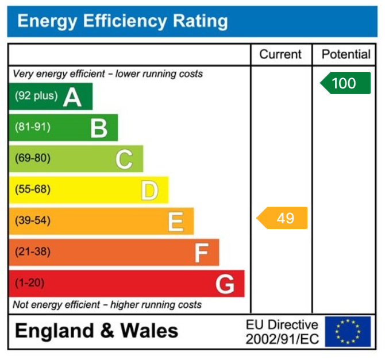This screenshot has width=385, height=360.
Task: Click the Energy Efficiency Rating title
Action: pyautogui.click(x=122, y=22)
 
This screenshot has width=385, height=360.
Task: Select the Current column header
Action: pyautogui.click(x=280, y=55)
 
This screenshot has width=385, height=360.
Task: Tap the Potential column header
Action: pyautogui.click(x=345, y=55)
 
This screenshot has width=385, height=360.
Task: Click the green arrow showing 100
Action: pyautogui.click(x=345, y=83)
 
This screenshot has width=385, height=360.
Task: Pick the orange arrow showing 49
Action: pyautogui.click(x=282, y=218)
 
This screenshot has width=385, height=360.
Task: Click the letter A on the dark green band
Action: pyautogui.click(x=72, y=97)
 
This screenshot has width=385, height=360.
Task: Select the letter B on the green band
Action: pyautogui.click(x=99, y=128)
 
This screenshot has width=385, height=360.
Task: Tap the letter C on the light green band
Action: pyautogui.click(x=124, y=159)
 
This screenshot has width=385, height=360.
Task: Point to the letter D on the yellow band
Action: pyautogui.click(x=149, y=190)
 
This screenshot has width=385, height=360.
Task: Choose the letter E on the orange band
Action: pyautogui.click(x=175, y=222)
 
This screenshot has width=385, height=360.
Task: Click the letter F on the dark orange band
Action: pyautogui.click(x=201, y=253)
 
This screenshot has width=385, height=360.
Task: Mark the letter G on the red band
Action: pyautogui.click(x=225, y=284)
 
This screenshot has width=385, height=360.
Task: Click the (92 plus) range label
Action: pyautogui.click(x=36, y=96)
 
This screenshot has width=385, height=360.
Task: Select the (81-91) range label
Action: pyautogui.click(x=33, y=127)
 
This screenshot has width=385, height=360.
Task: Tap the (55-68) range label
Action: pyautogui.click(x=33, y=189)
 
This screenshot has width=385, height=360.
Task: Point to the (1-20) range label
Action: pyautogui.click(x=30, y=283)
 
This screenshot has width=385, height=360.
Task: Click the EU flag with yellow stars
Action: pyautogui.click(x=347, y=331)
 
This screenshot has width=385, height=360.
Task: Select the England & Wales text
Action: pyautogui.click(x=97, y=331)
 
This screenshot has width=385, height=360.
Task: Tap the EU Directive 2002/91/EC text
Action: pyautogui.click(x=282, y=332)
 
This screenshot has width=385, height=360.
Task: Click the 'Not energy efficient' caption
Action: pyautogui.click(x=107, y=304)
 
